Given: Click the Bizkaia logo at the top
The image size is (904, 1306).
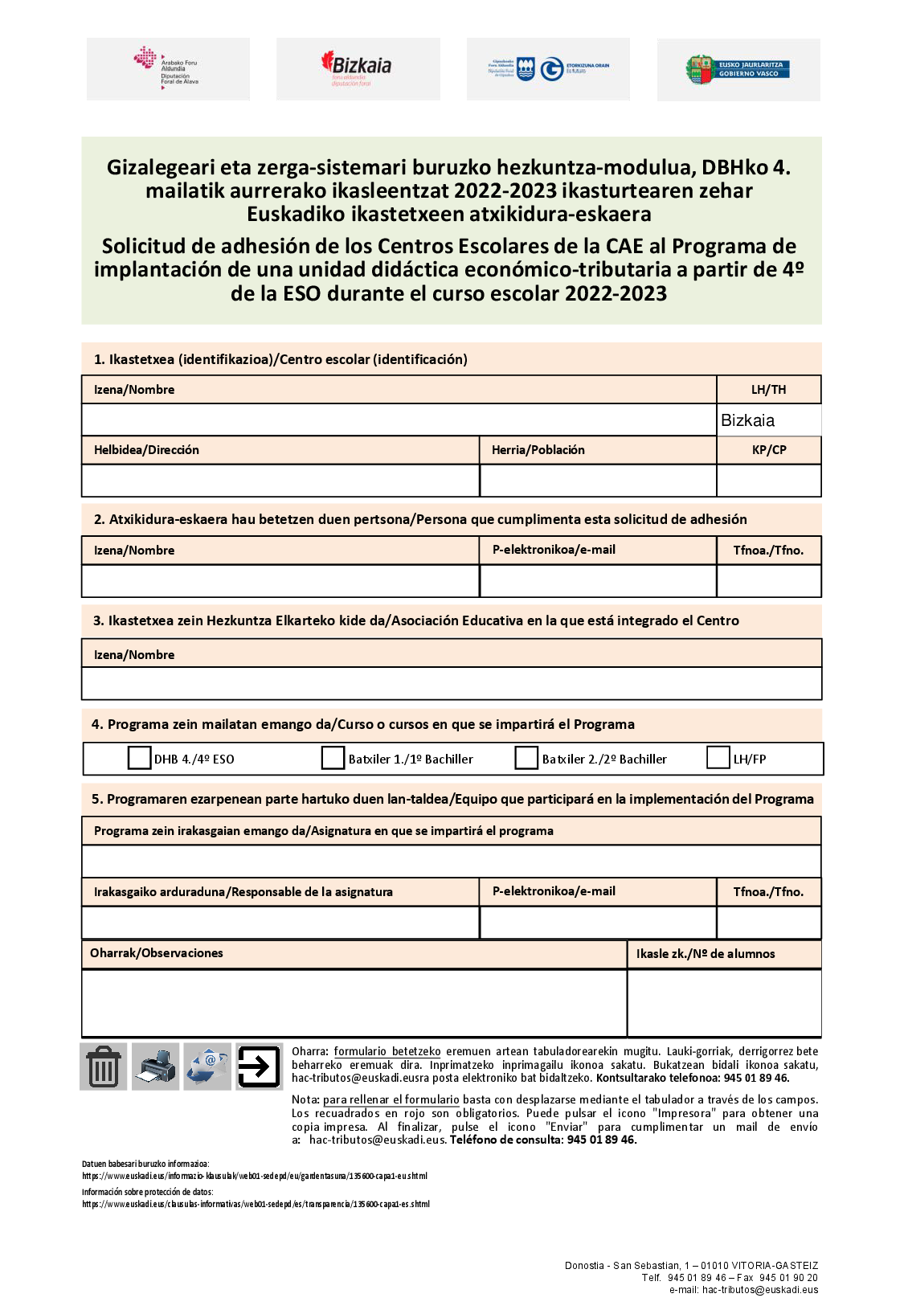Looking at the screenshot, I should point(358,69).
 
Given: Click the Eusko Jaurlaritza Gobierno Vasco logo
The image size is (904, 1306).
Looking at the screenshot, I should point(738,69).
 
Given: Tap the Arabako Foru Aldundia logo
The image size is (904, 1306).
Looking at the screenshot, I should point(167,69).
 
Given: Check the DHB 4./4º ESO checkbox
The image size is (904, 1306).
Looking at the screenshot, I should point(140,758).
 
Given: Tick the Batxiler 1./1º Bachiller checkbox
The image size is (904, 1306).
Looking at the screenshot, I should point(333,758).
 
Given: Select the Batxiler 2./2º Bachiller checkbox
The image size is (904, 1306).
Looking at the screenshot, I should point(526,758).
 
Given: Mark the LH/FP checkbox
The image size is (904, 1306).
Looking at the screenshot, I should point(718,757).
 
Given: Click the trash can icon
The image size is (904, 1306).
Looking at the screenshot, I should point(104,1066).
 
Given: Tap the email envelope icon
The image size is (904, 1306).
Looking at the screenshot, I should point(207,1066).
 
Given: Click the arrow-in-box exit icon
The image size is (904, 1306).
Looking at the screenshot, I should point(259,1066).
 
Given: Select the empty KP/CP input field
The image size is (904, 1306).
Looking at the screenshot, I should point(768,481).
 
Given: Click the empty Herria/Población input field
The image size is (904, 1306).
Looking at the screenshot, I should point(598,481).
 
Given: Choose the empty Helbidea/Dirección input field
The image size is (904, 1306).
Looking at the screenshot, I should point(280,481).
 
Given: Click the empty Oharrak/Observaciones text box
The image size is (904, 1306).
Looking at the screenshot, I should point(354,1002).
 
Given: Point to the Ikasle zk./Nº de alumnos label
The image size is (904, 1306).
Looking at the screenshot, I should point(706,954).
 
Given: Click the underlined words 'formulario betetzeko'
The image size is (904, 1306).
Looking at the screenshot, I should point(387,1051).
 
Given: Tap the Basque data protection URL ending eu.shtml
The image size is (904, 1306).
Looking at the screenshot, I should point(255,1176).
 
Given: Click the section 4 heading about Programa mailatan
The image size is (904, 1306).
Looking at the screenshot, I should point(363,724).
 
